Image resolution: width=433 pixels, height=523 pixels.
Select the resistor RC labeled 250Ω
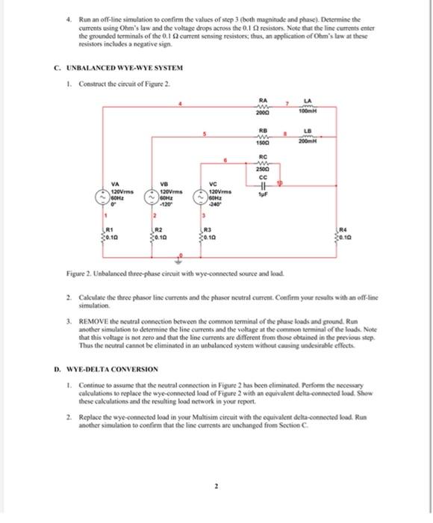(x=263, y=162)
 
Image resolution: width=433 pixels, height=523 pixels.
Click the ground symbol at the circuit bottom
(x=179, y=262)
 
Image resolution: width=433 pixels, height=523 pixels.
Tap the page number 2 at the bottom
(x=215, y=486)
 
